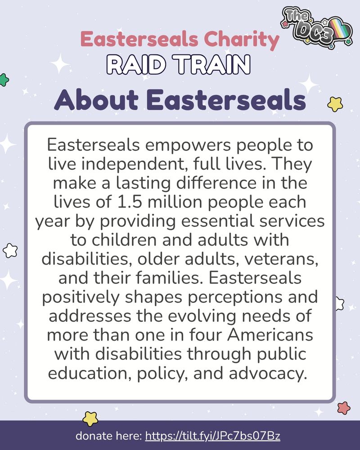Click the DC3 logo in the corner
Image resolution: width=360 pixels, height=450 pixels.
[317, 28]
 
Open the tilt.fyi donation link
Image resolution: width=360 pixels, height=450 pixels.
[214, 436]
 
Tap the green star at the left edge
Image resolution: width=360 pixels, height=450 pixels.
[4, 80]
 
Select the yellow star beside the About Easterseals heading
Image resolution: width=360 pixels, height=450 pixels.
[335, 103]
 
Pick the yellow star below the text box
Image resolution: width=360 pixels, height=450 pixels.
[90, 418]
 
